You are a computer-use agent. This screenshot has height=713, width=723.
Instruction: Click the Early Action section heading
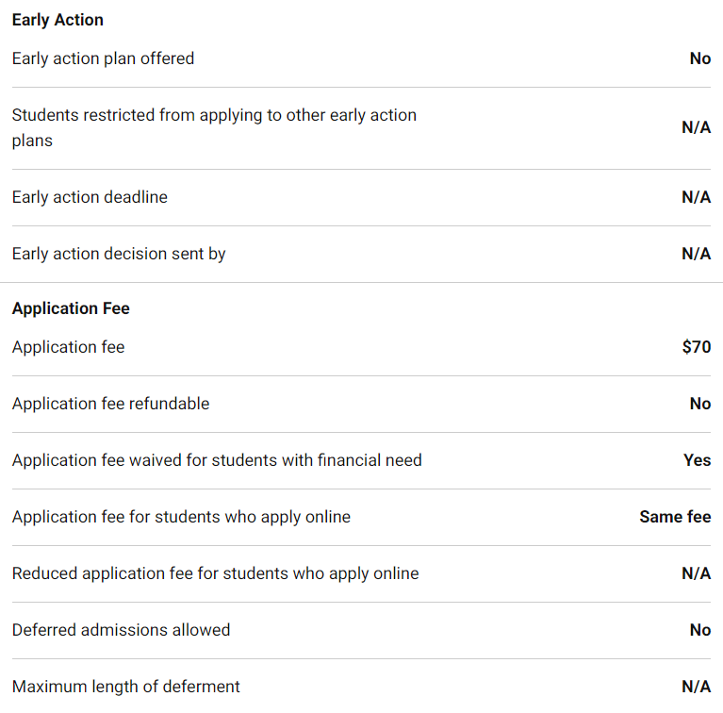tap(58, 20)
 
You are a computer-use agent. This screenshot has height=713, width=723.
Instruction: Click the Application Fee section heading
tap(71, 308)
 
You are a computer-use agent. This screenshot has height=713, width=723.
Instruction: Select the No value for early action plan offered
tap(699, 58)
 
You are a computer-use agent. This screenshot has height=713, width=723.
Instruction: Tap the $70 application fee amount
tap(696, 347)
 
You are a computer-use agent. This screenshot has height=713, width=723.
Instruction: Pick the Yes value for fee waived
tap(697, 460)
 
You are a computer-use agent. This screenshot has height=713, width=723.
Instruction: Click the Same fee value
tap(675, 517)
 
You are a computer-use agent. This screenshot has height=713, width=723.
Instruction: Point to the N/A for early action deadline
tap(696, 197)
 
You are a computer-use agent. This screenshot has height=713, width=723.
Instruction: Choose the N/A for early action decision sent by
tap(696, 254)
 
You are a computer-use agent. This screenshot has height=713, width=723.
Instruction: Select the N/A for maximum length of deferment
tap(696, 687)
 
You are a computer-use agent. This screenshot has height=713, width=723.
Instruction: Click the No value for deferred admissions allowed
tap(699, 630)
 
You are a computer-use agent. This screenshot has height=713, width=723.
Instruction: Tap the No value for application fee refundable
tap(699, 404)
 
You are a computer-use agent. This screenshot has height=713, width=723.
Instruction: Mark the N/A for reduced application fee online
tap(696, 573)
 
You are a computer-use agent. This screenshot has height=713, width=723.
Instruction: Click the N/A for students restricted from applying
tap(696, 127)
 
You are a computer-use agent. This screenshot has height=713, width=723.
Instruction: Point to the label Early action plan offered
tap(103, 58)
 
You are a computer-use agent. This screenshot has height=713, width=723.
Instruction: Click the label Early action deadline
tap(90, 197)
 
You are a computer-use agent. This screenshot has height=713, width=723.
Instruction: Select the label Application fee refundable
tap(110, 404)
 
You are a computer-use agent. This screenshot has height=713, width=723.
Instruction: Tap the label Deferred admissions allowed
tap(121, 630)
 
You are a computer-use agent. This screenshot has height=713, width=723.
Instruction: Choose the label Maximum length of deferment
tap(125, 687)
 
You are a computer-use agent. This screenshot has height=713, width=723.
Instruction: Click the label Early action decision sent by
tap(119, 254)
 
